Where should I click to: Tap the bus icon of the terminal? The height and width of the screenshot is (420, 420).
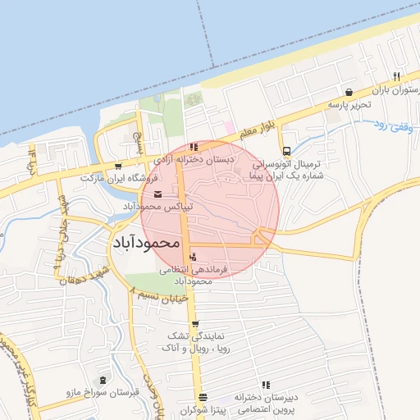tap(286, 151)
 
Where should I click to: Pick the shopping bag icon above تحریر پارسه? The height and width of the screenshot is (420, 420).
tap(350, 92)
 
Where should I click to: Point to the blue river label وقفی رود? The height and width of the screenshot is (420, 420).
tap(392, 126)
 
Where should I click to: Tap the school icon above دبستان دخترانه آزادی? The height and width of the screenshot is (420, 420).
tap(194, 146)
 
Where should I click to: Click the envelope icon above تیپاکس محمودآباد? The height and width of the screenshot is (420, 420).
tap(157, 194)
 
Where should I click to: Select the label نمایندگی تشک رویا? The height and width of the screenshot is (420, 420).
tap(195, 343)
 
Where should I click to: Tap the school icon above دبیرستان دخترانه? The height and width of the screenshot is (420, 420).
tap(265, 385)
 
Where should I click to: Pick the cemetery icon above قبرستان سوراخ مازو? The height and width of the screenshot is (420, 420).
tap(103, 381)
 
